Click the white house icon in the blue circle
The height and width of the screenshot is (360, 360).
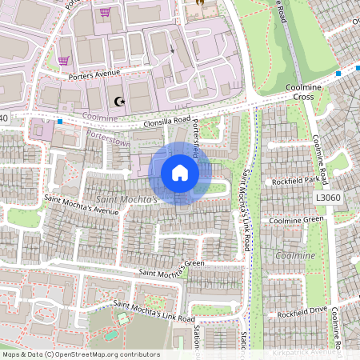180,173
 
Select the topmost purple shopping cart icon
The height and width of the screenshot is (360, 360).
105,13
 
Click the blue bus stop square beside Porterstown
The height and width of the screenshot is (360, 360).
60,122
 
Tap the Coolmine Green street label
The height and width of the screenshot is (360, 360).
296,220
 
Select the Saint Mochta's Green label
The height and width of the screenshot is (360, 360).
170,268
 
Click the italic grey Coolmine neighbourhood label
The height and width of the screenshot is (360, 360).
295,255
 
